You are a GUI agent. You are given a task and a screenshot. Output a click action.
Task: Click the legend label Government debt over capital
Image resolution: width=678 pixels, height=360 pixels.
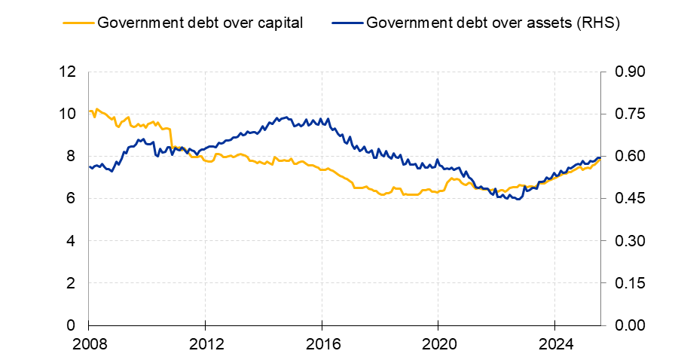point(200,23)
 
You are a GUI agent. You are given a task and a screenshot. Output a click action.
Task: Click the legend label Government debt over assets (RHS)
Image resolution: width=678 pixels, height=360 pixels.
point(493,23)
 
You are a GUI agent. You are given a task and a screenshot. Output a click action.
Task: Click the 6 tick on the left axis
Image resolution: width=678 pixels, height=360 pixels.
point(72,199)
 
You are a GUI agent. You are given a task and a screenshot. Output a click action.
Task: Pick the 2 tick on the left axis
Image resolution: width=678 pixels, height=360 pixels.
point(72,283)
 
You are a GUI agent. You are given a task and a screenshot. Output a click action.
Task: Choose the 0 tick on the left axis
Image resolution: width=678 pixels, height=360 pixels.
point(72,325)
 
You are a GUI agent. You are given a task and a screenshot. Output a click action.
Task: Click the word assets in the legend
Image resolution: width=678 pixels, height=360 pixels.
point(543,23)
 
